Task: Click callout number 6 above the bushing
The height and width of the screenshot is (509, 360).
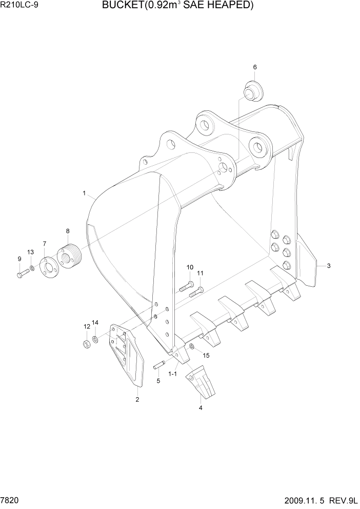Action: tap(255, 67)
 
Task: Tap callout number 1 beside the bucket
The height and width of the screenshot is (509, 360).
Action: tap(84, 193)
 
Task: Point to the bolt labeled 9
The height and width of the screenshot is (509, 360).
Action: tap(22, 275)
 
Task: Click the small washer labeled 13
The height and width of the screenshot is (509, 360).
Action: tap(32, 268)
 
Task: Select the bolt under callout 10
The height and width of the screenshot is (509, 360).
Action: tap(186, 287)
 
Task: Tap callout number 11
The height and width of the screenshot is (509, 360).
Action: tap(201, 273)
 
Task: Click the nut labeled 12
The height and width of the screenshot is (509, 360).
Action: tap(87, 343)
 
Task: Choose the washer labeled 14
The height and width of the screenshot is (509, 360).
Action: tap(96, 340)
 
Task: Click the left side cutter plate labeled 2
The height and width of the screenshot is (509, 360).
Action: tap(126, 355)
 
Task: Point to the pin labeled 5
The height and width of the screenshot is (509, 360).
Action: tap(158, 365)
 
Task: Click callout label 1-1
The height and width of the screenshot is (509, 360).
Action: tap(172, 375)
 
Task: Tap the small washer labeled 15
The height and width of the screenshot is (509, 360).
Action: tap(191, 347)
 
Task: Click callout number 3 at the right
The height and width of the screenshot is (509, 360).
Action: tap(328, 266)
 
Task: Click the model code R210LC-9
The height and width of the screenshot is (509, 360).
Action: tap(19, 6)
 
